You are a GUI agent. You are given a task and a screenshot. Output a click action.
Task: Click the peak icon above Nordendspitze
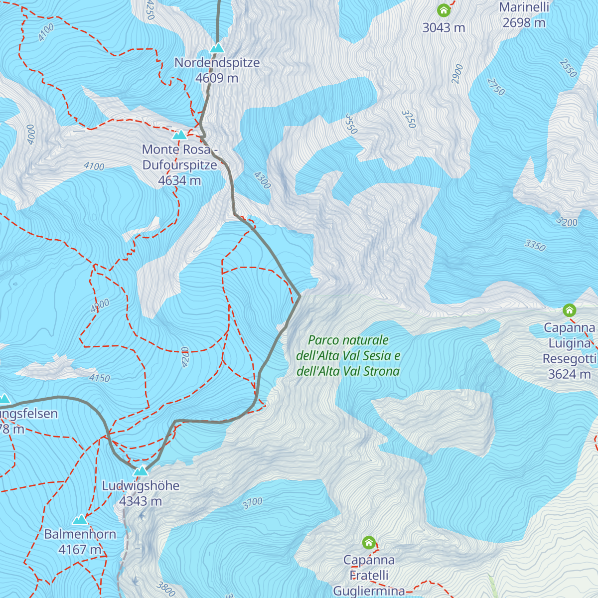point(216,48)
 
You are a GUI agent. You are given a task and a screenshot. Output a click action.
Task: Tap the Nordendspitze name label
point(217,63)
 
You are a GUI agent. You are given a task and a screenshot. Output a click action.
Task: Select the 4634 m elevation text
point(179,180)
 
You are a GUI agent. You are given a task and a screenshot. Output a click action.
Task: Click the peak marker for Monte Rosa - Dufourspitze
point(179,135)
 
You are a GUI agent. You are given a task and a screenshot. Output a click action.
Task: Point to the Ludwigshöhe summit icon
point(141,471)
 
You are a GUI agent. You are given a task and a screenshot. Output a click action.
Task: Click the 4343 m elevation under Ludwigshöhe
point(141,501)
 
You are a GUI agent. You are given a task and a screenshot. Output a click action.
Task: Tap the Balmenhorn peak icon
point(80,520)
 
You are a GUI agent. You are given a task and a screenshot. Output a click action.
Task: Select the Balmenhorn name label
point(80,534)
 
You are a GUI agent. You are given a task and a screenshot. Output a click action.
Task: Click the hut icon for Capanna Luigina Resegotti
point(569,310)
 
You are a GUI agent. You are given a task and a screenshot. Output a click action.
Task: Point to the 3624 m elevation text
point(569,374)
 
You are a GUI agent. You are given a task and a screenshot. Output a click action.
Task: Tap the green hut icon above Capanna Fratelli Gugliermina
point(369,542)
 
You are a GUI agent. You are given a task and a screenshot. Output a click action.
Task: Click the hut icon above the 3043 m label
point(444,10)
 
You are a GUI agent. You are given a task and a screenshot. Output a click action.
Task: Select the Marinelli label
point(524,7)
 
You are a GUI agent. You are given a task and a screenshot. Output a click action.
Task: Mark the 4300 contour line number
point(262,180)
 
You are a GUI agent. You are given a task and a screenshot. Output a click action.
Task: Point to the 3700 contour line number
point(252,503)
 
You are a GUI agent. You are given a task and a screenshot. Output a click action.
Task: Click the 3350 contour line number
point(535,245)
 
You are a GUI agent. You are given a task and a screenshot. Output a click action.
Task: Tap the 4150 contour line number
point(99,378)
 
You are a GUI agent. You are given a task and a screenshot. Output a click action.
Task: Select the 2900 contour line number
point(457,74)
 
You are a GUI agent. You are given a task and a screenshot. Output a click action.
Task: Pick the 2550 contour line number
point(568,68)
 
